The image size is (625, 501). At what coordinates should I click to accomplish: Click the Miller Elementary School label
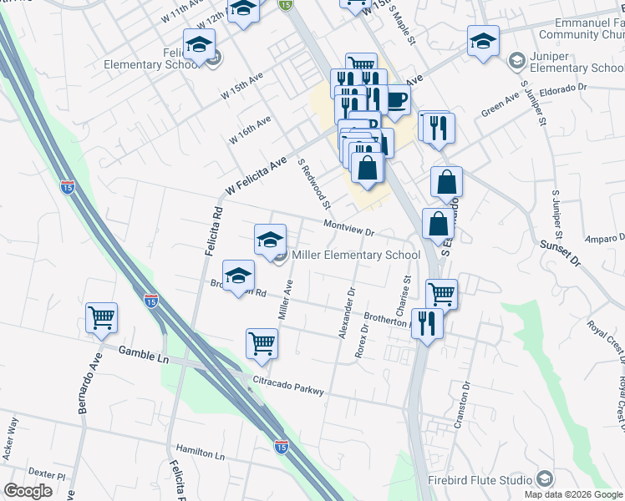pos(355,255)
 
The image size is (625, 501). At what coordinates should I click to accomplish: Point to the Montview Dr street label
pos(348,226)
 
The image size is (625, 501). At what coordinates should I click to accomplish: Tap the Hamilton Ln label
pos(202,456)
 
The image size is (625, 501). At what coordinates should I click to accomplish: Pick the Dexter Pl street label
pos(50,474)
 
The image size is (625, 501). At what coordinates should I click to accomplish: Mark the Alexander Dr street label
pos(347,314)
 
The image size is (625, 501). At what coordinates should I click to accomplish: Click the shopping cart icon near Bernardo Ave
pos(101,317)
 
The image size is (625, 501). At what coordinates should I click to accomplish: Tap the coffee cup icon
pos(396,99)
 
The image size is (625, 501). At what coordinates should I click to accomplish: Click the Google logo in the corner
pos(28,491)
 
